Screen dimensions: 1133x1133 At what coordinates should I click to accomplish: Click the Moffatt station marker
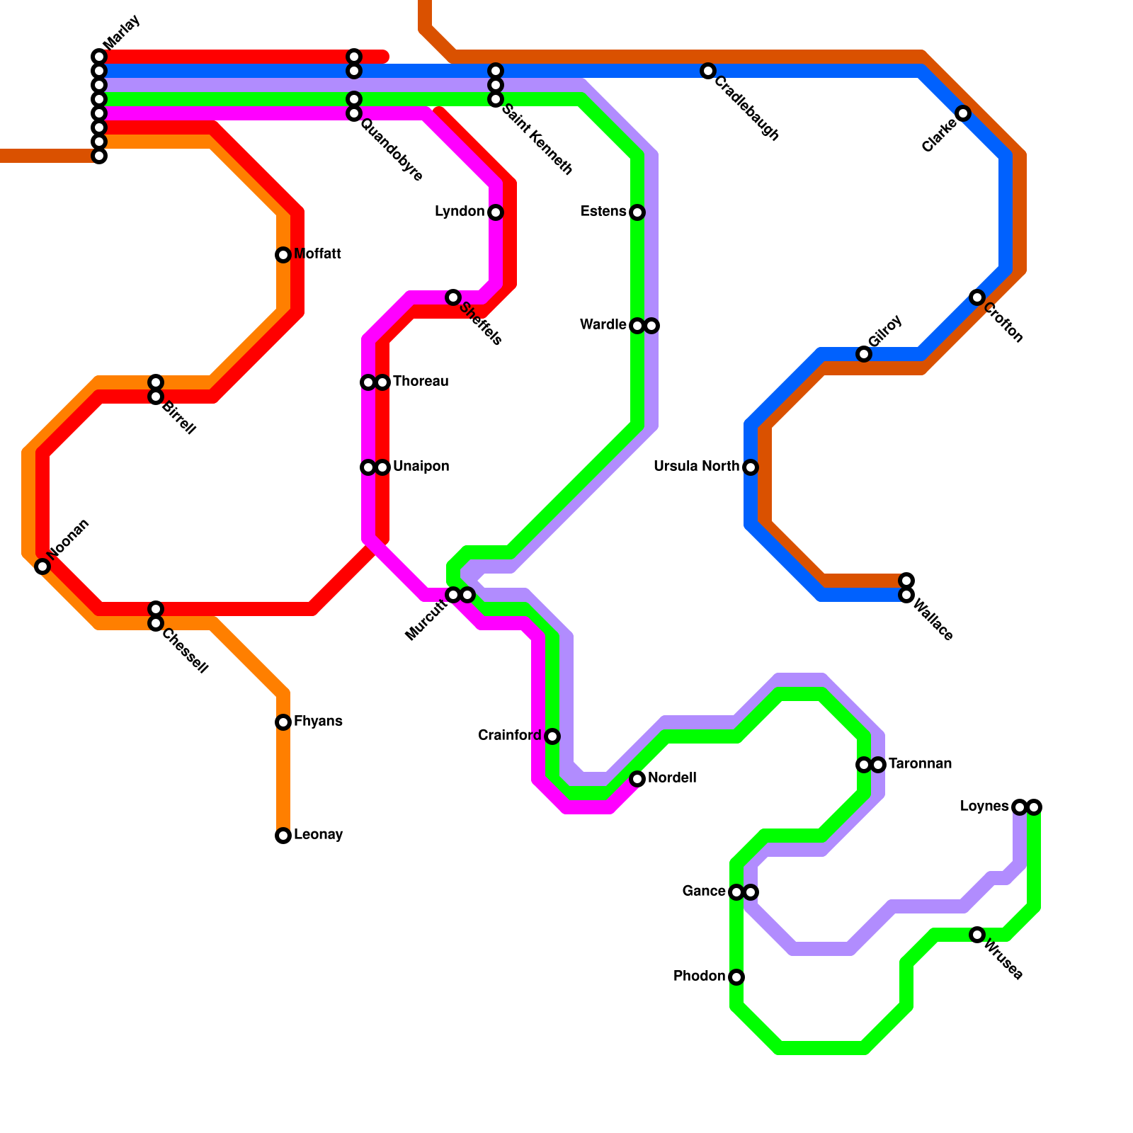pos(283,255)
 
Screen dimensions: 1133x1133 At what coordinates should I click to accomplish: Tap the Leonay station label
pos(318,835)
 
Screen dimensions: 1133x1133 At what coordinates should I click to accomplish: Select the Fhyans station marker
pos(283,722)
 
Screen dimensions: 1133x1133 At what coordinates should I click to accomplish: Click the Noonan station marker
pos(42,566)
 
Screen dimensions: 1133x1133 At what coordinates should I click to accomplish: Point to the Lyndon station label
pos(460,212)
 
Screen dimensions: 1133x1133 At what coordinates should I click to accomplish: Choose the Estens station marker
pos(637,212)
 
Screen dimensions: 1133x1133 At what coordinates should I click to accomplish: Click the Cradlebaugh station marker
pos(708,71)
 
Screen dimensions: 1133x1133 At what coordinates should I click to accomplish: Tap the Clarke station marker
pos(963,113)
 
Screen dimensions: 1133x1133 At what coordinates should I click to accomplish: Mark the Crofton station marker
pos(977,297)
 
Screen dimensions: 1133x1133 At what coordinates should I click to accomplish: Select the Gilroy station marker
pos(864,354)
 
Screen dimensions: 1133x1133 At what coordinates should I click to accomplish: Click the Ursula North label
pos(697,467)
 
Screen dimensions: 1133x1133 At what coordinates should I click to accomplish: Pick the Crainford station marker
pos(552,736)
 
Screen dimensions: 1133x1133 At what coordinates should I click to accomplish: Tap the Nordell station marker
pos(637,779)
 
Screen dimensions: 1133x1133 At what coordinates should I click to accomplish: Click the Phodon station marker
pos(736,977)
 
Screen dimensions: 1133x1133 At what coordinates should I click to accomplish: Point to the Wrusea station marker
pos(977,935)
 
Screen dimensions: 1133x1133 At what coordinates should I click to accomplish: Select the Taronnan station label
pos(920,764)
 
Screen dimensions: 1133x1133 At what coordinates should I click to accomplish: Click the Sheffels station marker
pos(453,297)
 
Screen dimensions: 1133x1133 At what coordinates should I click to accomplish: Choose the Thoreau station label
pos(421,382)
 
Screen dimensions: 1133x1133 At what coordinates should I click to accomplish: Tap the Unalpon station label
pos(421,467)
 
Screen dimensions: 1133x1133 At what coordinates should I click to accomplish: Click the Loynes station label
pos(984,807)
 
